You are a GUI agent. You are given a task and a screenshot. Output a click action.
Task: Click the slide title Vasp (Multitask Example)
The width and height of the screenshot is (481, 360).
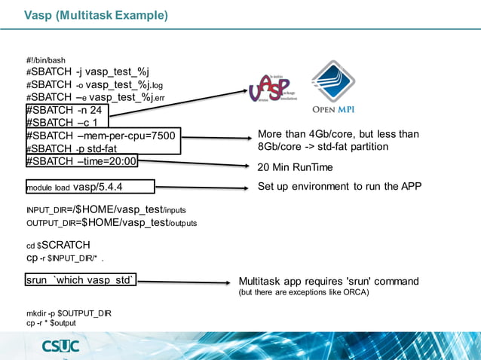pos(96,15)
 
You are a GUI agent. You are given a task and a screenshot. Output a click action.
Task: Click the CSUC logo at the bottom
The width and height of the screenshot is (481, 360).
pos(67,346)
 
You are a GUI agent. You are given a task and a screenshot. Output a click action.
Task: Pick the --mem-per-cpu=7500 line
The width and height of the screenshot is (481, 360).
pos(100,136)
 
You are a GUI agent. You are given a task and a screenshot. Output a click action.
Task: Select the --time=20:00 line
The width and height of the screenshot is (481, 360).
pos(81,161)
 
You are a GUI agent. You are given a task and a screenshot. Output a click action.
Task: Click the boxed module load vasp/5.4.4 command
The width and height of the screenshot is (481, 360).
pos(89,187)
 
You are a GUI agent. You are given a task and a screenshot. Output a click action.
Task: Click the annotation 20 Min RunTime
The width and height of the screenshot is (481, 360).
pos(295,166)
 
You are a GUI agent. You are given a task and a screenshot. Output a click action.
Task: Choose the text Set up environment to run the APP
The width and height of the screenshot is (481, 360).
pos(339,186)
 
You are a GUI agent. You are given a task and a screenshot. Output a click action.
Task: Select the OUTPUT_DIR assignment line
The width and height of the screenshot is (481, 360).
pos(111,223)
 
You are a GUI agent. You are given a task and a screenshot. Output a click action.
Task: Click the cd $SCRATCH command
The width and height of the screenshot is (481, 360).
pos(58,245)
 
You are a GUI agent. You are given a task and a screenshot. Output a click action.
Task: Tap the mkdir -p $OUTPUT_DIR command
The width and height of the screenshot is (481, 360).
pos(69,313)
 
